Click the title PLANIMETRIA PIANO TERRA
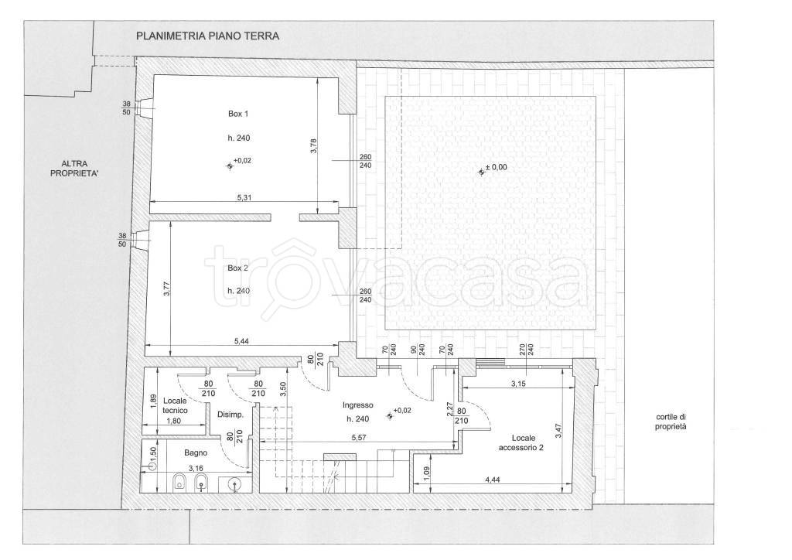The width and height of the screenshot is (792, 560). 207,36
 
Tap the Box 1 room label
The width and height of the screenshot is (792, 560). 238,114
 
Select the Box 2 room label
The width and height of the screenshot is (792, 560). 238,268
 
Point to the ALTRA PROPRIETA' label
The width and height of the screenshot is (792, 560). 75,168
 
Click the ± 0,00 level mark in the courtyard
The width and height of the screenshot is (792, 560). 496,168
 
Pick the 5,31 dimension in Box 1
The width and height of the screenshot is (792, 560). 244,197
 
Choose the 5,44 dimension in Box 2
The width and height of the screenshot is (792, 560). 241,341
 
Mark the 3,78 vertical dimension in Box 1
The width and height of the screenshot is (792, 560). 314,145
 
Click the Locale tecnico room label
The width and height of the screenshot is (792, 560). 176,405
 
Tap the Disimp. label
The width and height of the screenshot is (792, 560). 230,415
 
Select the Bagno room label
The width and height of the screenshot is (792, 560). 196,453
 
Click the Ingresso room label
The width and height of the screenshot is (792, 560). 357,405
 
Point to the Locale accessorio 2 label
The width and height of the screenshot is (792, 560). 521,442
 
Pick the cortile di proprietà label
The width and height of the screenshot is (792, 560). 671,422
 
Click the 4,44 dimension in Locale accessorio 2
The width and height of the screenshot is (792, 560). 492,480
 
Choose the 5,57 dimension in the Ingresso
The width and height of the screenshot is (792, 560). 358,438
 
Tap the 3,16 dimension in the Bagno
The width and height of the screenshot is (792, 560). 195,469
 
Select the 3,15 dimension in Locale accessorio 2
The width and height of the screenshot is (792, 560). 518,384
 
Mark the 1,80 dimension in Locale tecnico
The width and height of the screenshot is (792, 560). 174,420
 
